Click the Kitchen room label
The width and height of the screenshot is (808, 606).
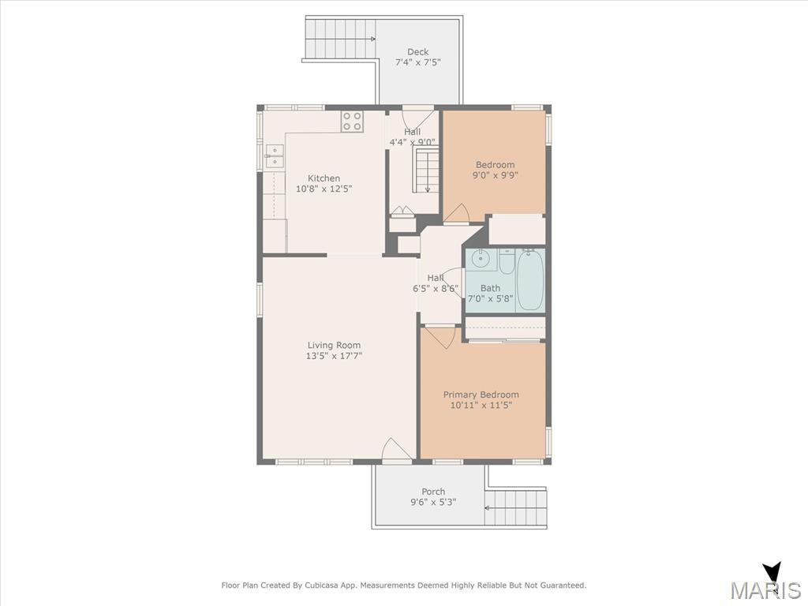(324, 178)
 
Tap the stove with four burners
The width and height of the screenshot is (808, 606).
(352, 121)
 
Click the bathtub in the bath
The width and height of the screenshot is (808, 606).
(530, 280)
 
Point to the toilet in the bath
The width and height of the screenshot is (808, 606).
(507, 261)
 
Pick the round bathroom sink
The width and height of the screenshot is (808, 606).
(481, 259)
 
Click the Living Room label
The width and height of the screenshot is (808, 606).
(334, 346)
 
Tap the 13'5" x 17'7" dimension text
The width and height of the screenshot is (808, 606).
(334, 356)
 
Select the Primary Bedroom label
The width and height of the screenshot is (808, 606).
(481, 395)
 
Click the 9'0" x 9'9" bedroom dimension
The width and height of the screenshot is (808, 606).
(495, 175)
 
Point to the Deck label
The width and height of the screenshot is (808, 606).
(418, 51)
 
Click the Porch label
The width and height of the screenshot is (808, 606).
(433, 492)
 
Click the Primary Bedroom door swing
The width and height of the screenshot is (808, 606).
(438, 336)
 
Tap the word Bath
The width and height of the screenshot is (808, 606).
(490, 288)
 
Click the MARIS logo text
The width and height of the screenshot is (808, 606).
(765, 590)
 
